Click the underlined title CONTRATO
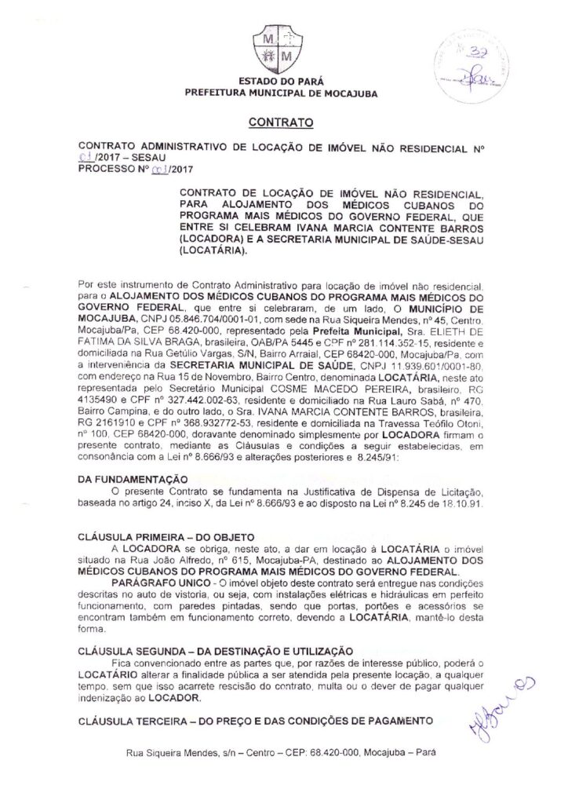coord(281,122)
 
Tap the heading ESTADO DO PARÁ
coord(280,82)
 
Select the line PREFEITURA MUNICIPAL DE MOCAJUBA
coord(280,93)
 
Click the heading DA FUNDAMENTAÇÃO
coord(134,479)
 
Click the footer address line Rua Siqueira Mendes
coord(280,754)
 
